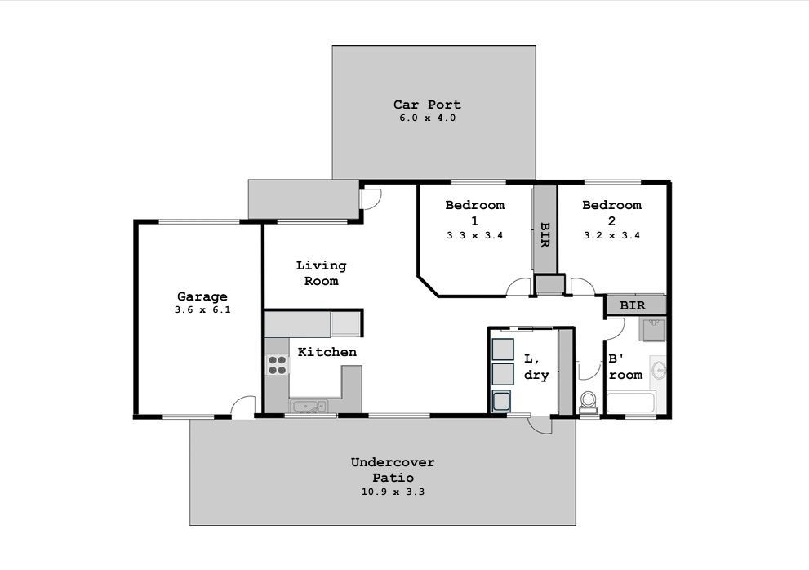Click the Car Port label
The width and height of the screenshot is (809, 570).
click(427, 105)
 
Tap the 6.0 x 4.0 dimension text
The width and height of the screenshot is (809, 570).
click(427, 118)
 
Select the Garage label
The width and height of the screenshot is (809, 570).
click(202, 296)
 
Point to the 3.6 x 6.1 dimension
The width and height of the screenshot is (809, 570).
click(202, 309)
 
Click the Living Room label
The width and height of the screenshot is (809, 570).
click(321, 273)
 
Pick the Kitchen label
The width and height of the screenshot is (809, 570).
click(327, 352)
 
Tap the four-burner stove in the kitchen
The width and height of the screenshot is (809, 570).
click(277, 364)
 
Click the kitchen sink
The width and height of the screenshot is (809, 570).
click(308, 407)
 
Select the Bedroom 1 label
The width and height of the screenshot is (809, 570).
click(474, 212)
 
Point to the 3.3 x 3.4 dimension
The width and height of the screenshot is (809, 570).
click(474, 235)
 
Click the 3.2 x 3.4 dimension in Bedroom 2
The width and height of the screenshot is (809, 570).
click(612, 235)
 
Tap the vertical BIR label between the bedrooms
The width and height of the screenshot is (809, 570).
click(545, 235)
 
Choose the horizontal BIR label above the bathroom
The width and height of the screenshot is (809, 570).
click(633, 305)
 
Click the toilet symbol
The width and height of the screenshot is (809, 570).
click(588, 403)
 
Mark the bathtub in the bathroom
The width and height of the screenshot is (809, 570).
click(631, 402)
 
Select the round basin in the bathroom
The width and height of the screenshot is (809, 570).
click(659, 370)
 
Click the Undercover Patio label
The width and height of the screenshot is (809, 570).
click(393, 470)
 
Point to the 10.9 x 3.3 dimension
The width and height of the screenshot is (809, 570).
click(393, 492)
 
